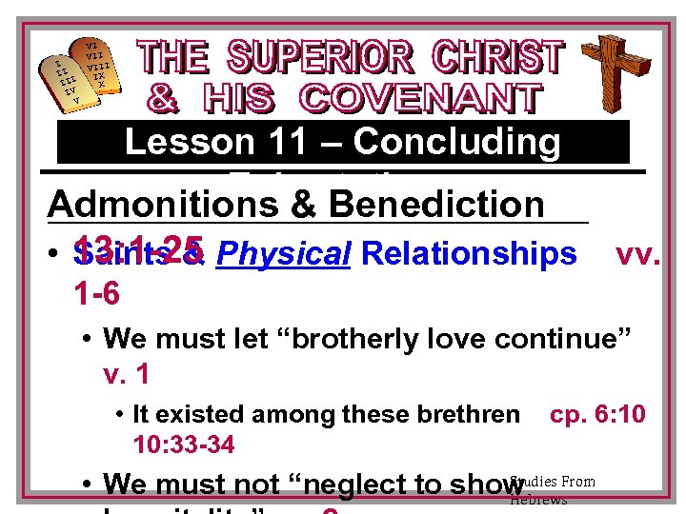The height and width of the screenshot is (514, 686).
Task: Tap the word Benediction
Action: coord(434,204)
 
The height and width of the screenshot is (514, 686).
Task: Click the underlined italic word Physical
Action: coord(284,254)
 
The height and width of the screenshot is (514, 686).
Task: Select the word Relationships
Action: coord(470,254)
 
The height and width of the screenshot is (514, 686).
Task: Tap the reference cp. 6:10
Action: coord(597,414)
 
